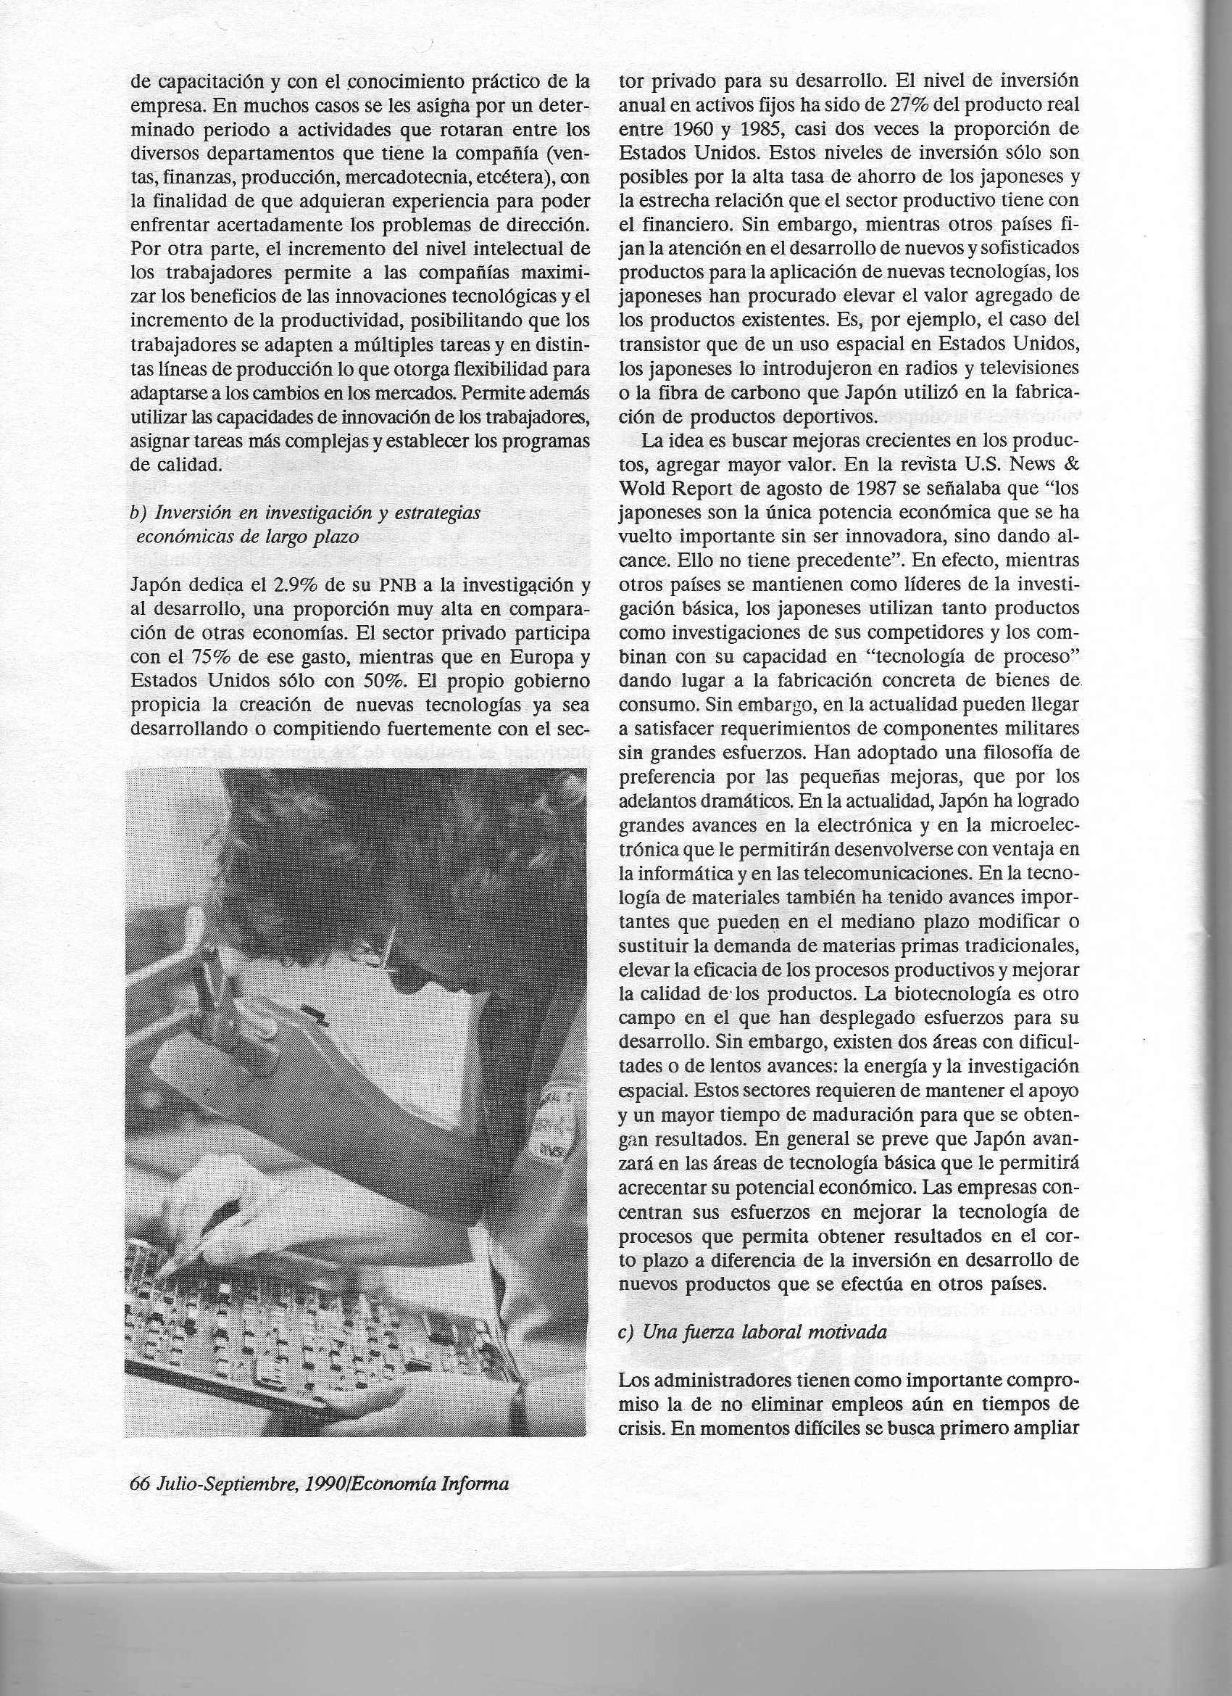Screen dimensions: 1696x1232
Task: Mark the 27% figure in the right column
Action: click(x=901, y=104)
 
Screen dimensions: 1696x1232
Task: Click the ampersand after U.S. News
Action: click(x=1070, y=464)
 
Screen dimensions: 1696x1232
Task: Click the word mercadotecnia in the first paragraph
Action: click(x=407, y=177)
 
